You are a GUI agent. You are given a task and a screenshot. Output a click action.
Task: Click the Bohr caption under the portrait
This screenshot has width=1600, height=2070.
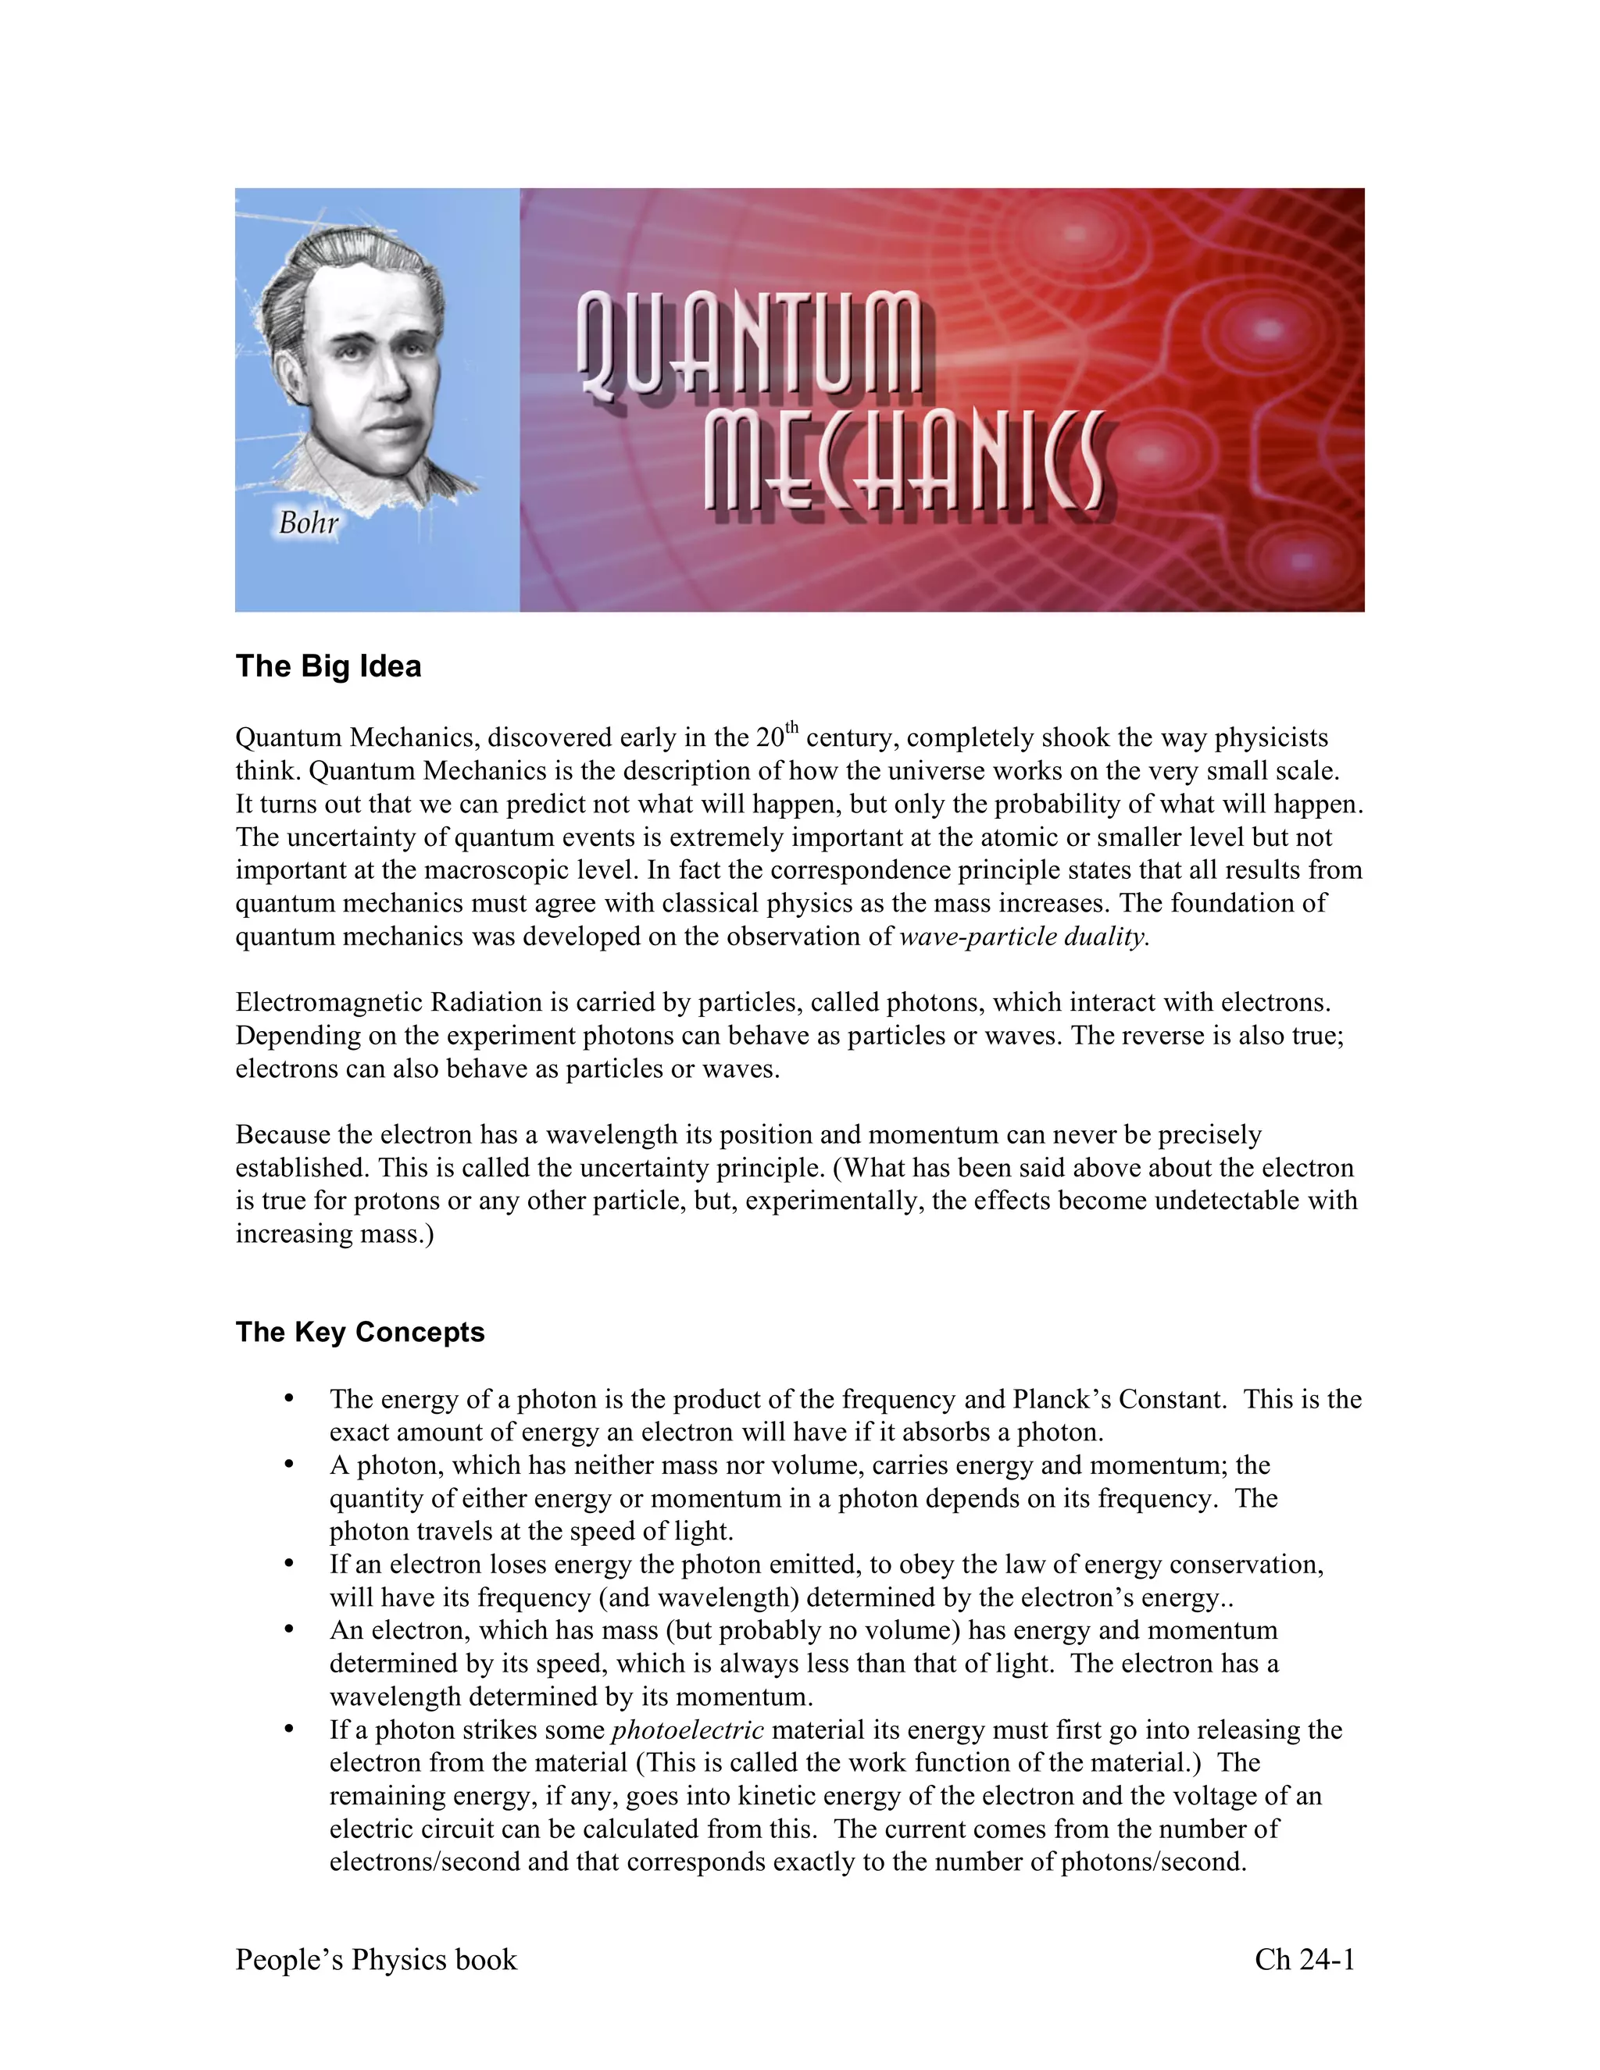tap(308, 523)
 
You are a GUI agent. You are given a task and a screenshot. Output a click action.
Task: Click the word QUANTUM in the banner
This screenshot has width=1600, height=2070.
tap(748, 343)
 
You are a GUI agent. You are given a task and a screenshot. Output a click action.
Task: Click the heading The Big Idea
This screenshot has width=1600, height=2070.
tap(328, 666)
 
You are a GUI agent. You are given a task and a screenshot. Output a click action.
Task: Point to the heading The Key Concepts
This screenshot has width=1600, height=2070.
tap(359, 1332)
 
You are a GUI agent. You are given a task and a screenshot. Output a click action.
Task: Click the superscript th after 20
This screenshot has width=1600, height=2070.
tap(792, 728)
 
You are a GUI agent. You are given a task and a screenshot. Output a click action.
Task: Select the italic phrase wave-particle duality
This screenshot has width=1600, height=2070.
tap(1023, 937)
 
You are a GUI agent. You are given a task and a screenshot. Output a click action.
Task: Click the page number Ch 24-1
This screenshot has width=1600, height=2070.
tap(1304, 1959)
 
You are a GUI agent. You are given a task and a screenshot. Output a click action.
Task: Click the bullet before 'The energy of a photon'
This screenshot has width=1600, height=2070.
tap(289, 1399)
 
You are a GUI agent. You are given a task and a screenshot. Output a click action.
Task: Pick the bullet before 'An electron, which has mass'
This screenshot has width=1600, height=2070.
tap(289, 1630)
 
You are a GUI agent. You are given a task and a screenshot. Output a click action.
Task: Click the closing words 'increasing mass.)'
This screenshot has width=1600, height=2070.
tap(334, 1234)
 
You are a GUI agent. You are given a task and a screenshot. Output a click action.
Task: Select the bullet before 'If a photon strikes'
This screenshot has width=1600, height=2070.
tap(289, 1729)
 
